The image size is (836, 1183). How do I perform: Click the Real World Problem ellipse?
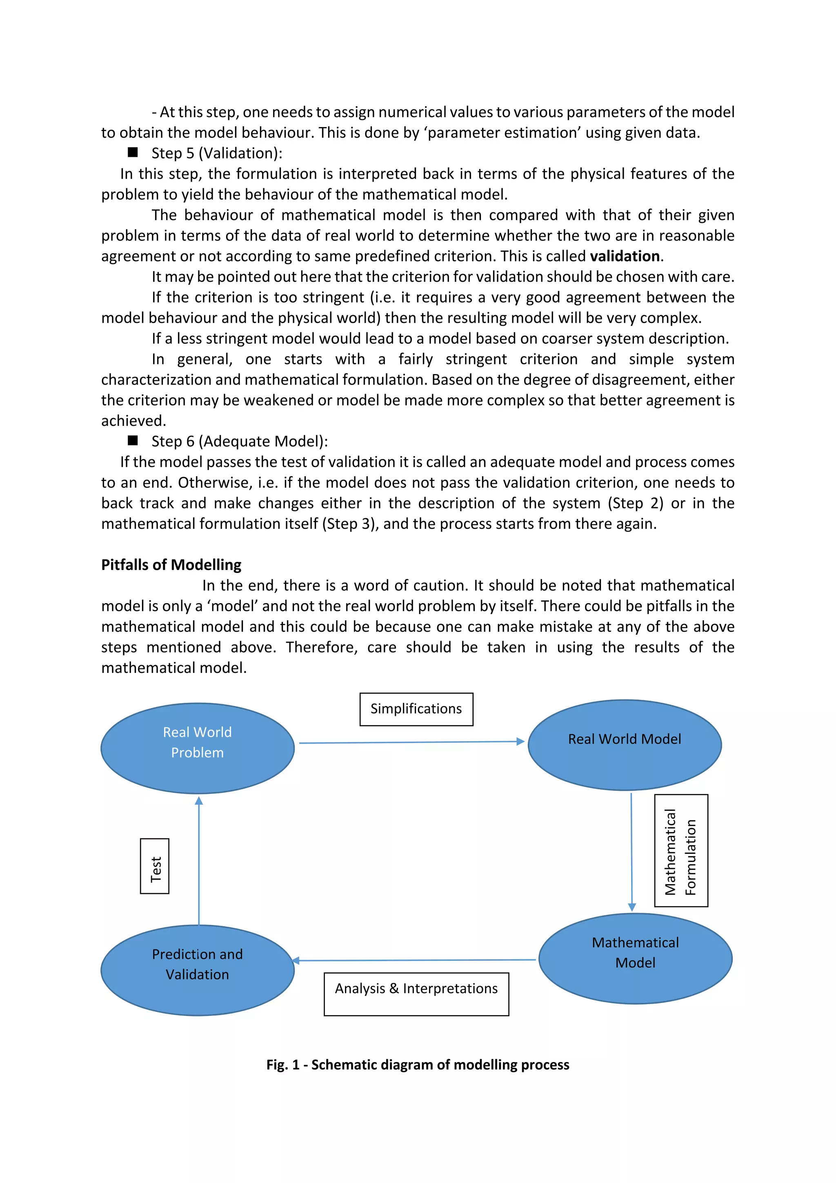pyautogui.click(x=197, y=748)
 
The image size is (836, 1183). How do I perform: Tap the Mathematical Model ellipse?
pyautogui.click(x=635, y=958)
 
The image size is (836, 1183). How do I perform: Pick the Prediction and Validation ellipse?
pyautogui.click(x=197, y=970)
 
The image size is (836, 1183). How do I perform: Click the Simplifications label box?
pyautogui.click(x=416, y=709)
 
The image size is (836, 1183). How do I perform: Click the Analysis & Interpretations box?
pyautogui.click(x=416, y=994)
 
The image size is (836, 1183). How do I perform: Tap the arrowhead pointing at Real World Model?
pyautogui.click(x=520, y=742)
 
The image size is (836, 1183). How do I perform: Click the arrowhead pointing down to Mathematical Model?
pyautogui.click(x=632, y=907)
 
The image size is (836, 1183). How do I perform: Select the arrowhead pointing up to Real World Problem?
pyautogui.click(x=199, y=801)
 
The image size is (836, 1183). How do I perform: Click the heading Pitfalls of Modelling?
pyautogui.click(x=171, y=565)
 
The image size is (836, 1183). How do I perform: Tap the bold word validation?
pyautogui.click(x=625, y=256)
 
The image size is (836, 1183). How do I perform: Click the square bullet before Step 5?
pyautogui.click(x=133, y=152)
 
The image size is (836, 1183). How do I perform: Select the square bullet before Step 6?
pyautogui.click(x=133, y=440)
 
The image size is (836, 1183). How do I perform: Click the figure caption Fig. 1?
pyautogui.click(x=417, y=1065)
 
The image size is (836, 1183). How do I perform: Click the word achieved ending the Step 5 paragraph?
pyautogui.click(x=133, y=421)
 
